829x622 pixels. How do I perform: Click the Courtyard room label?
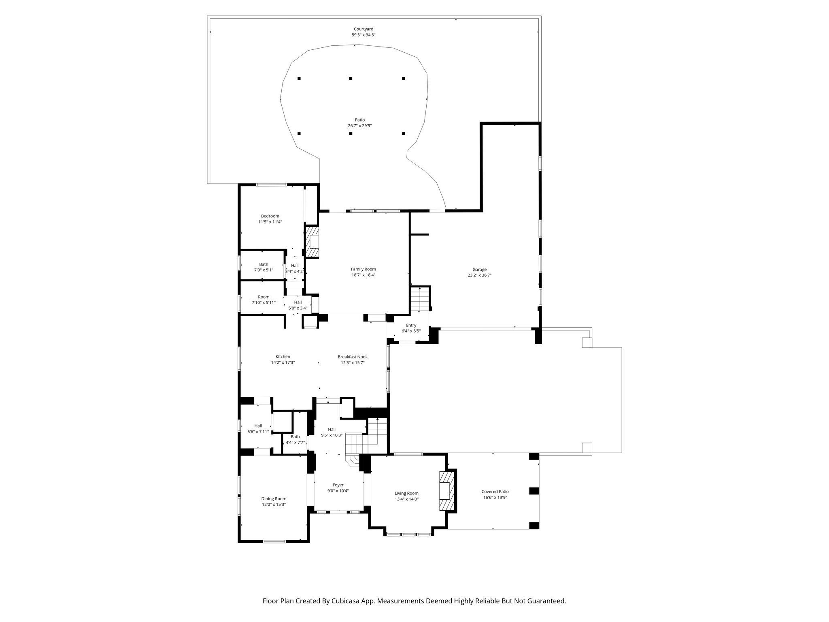pos(363,29)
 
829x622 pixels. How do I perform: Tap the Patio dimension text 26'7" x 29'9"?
pos(360,126)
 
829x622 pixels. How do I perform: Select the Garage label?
pos(479,270)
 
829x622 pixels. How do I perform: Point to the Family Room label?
pos(363,269)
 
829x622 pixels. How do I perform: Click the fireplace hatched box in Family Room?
pos(312,242)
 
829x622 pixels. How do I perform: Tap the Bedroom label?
pos(270,216)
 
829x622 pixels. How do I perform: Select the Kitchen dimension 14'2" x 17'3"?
pos(283,363)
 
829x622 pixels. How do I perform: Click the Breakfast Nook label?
pos(353,357)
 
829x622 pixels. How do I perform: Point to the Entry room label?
pos(411,326)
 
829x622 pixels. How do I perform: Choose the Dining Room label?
pos(274,499)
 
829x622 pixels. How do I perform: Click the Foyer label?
pos(338,485)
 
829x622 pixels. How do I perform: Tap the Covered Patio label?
pos(495,492)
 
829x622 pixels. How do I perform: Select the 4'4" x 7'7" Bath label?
pos(295,437)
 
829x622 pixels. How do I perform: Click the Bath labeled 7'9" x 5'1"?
pos(264,264)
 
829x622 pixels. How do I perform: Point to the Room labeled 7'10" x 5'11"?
pos(264,297)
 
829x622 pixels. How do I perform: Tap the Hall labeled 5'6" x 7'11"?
pos(258,426)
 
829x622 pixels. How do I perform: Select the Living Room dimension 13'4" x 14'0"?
pos(406,499)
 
